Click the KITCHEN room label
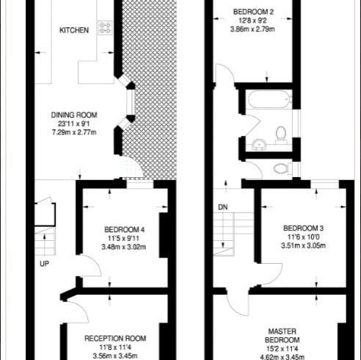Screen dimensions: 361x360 click(74, 30)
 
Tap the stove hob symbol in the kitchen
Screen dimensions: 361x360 click(105, 27)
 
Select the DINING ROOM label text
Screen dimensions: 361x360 click(74, 115)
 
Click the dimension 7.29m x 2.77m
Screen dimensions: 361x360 click(74, 132)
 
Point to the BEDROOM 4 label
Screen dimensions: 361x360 click(124, 229)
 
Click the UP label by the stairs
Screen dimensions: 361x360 click(44, 264)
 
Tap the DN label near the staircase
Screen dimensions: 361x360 click(223, 207)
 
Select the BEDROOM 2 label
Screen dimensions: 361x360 click(253, 12)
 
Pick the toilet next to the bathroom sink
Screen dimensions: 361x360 click(281, 134)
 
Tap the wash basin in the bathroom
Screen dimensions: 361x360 click(259, 144)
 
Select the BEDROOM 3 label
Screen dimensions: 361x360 click(303, 228)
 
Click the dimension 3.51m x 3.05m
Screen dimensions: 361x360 click(303, 245)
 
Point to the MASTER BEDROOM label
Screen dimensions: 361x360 click(282, 336)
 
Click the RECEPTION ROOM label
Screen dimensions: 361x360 click(115, 339)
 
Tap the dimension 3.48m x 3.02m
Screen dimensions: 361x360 click(124, 247)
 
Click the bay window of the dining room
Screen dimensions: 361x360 click(129, 103)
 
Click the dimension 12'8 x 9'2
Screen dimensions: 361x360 click(253, 21)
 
